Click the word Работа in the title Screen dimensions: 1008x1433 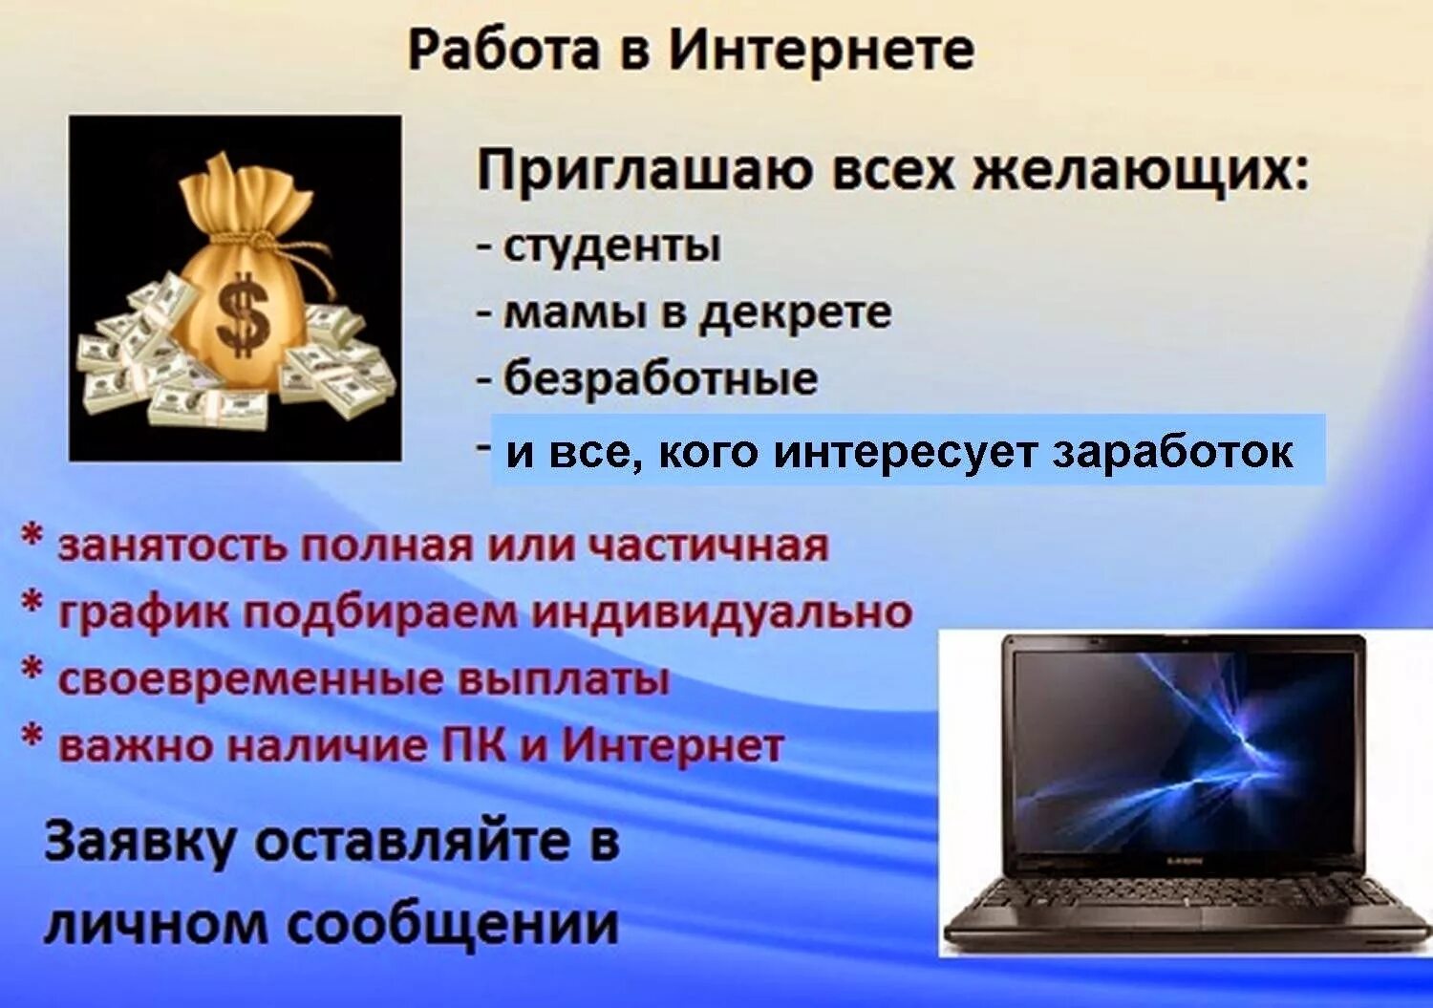click(x=503, y=50)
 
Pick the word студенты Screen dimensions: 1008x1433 click(x=611, y=246)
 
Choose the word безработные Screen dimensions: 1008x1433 click(x=660, y=378)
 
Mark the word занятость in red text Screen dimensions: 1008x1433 click(x=173, y=546)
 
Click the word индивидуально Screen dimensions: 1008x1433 click(x=721, y=612)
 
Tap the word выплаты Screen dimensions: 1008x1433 click(x=565, y=679)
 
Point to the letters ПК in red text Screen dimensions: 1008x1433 click(x=474, y=746)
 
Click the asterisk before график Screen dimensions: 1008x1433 click(x=32, y=605)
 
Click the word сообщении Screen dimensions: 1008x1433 click(x=454, y=925)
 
